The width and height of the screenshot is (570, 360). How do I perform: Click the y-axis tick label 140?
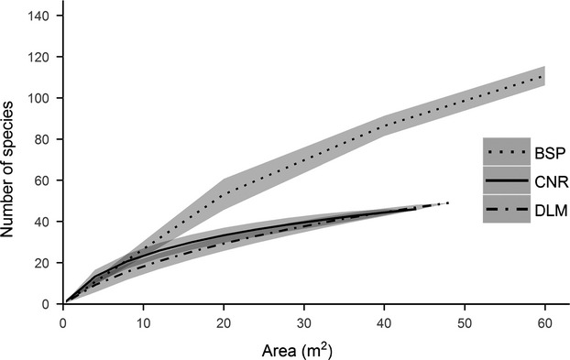click(42, 16)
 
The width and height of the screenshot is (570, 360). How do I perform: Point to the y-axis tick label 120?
click(42, 57)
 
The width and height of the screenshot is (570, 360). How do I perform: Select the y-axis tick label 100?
click(42, 98)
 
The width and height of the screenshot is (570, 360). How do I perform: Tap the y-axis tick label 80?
click(45, 139)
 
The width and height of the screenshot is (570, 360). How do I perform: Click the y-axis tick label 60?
click(45, 180)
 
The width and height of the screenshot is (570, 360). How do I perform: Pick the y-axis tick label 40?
click(45, 222)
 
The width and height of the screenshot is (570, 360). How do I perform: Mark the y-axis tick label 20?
click(45, 263)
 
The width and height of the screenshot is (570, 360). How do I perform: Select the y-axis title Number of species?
click(12, 159)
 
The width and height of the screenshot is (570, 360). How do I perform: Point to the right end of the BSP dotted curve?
click(545, 76)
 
